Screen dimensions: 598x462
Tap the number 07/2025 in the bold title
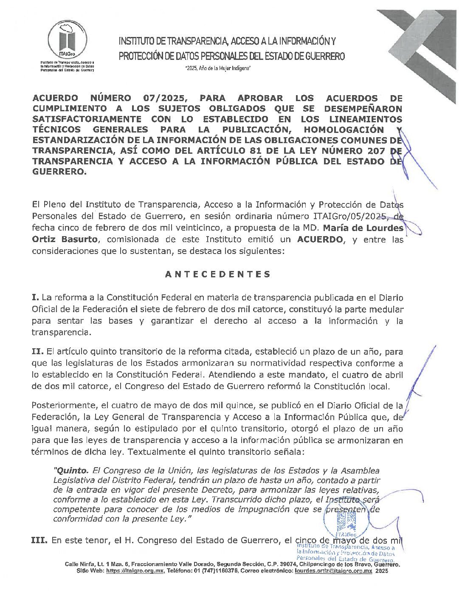[x=166, y=98]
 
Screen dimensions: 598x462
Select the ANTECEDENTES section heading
[x=217, y=274]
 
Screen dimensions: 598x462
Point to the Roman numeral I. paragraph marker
[x=36, y=298]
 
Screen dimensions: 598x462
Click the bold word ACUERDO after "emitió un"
[x=319, y=239]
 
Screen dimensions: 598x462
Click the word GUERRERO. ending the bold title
[x=59, y=172]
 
